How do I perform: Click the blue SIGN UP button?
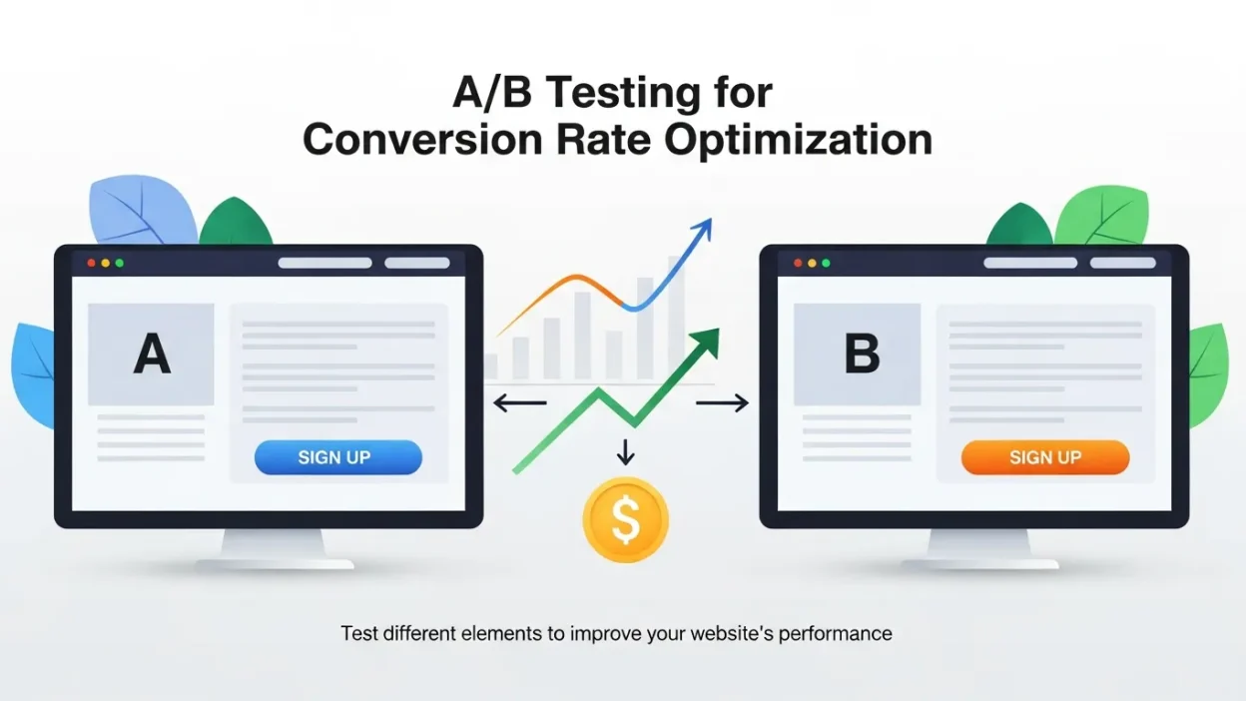(x=338, y=457)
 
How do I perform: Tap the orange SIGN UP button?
(x=1044, y=457)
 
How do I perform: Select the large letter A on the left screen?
(x=152, y=354)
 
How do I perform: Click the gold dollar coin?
(x=626, y=519)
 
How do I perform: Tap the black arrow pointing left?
(x=519, y=403)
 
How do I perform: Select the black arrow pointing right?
(x=722, y=403)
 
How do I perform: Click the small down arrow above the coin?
(x=626, y=451)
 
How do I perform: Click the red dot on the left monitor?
(x=92, y=263)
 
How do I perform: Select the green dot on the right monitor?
(x=826, y=263)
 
